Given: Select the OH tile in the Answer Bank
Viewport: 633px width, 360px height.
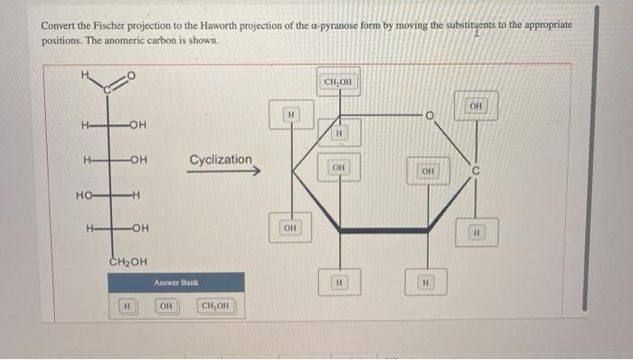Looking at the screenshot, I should [166, 307].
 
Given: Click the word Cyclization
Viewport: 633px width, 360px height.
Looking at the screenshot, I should [221, 160].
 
